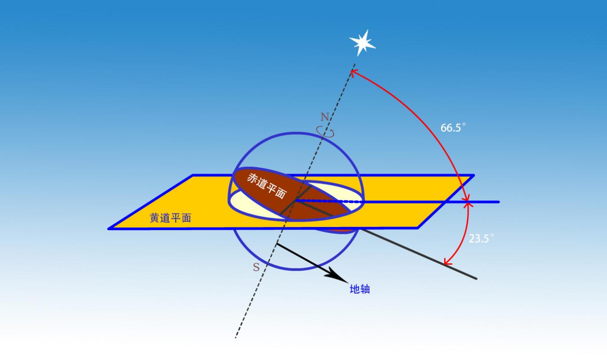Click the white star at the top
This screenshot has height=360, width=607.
[362, 43]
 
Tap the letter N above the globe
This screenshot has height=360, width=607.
[325, 117]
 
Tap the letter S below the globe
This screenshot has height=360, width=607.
[256, 267]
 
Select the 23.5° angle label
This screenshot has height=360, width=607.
[481, 238]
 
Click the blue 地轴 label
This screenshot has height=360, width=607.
[360, 289]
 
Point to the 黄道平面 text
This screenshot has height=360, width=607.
[170, 218]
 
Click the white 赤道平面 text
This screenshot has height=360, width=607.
[266, 186]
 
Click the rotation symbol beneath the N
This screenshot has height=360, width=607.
[325, 132]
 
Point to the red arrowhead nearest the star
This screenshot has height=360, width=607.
[354, 73]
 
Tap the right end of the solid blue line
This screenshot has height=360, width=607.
[499, 202]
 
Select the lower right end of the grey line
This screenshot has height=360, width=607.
[477, 279]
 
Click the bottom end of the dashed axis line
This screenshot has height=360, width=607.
[236, 338]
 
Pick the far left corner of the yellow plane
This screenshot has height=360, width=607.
[109, 229]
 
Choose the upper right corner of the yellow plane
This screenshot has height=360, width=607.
[473, 176]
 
